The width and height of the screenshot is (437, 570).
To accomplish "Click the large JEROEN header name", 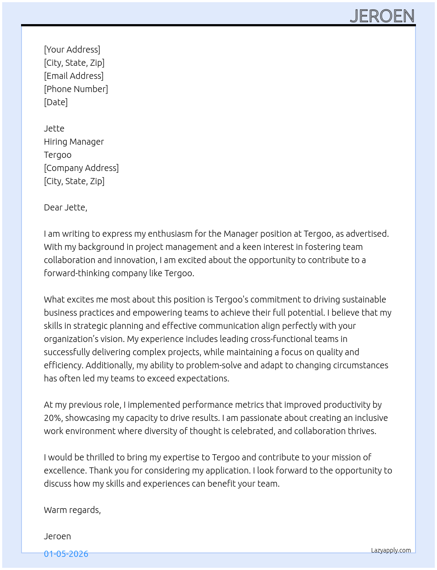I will click(382, 16).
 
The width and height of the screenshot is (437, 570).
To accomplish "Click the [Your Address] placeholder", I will click(72, 50).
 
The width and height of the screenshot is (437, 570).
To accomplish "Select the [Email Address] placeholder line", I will click(74, 76).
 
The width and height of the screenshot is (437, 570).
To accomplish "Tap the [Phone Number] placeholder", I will click(76, 89).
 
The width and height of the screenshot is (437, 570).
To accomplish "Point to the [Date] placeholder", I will click(56, 102).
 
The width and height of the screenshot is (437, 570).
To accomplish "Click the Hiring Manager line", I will click(74, 142).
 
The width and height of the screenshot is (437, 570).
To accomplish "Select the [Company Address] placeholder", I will click(81, 168).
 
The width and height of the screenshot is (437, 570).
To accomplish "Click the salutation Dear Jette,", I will click(65, 207).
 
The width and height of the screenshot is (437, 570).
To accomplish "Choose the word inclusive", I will click(371, 418).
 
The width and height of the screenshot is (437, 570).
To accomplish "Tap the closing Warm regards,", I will click(72, 510).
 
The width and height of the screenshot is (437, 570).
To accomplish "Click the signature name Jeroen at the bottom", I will click(57, 536).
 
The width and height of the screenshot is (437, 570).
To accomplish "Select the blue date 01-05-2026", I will click(66, 554).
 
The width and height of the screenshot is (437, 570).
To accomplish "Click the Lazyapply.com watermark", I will click(391, 550).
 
